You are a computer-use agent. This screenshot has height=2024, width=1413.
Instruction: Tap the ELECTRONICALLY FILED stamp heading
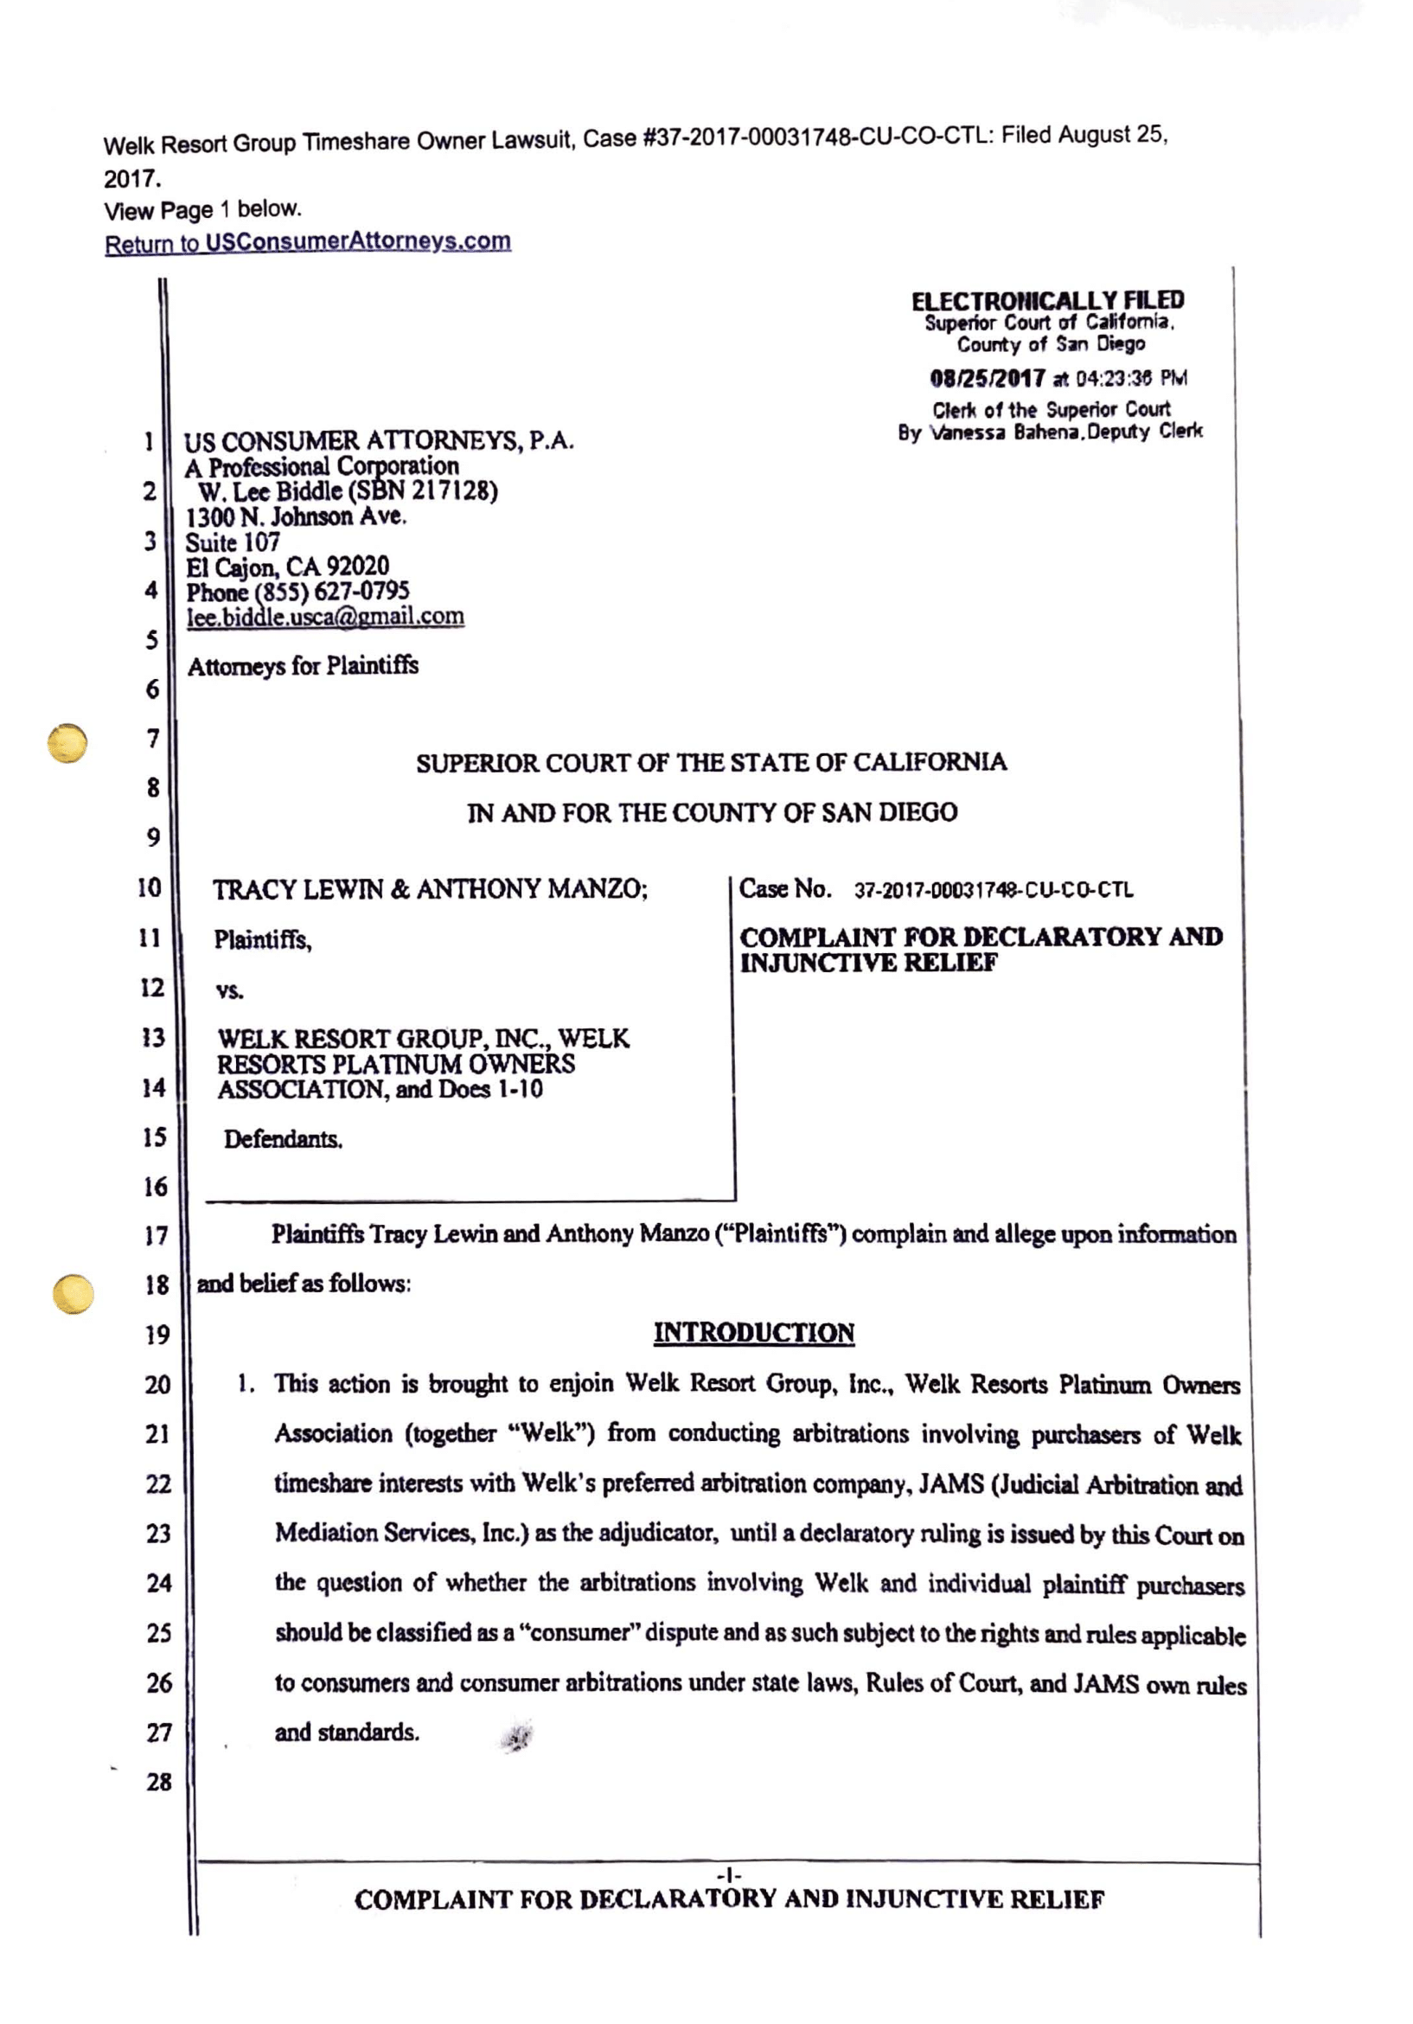tap(1047, 301)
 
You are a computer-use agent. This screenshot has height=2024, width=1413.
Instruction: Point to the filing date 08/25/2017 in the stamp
tap(987, 379)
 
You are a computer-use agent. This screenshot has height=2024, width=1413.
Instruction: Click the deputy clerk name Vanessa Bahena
tap(1006, 432)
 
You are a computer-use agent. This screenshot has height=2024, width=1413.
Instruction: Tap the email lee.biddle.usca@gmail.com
tap(324, 616)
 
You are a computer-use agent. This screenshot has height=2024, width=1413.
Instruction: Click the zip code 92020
tap(357, 567)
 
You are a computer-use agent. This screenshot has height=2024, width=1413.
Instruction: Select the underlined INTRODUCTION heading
tap(754, 1333)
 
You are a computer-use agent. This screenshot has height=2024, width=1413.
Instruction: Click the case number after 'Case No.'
tap(994, 890)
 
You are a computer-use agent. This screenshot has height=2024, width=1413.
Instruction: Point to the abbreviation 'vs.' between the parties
tap(229, 990)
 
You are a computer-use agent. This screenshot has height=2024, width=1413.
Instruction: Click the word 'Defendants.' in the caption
tap(282, 1139)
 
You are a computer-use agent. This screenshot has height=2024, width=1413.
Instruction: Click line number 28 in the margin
tap(158, 1782)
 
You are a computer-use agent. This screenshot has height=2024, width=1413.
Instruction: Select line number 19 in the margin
tap(157, 1335)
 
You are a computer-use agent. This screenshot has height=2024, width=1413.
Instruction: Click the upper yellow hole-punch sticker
tap(67, 743)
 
